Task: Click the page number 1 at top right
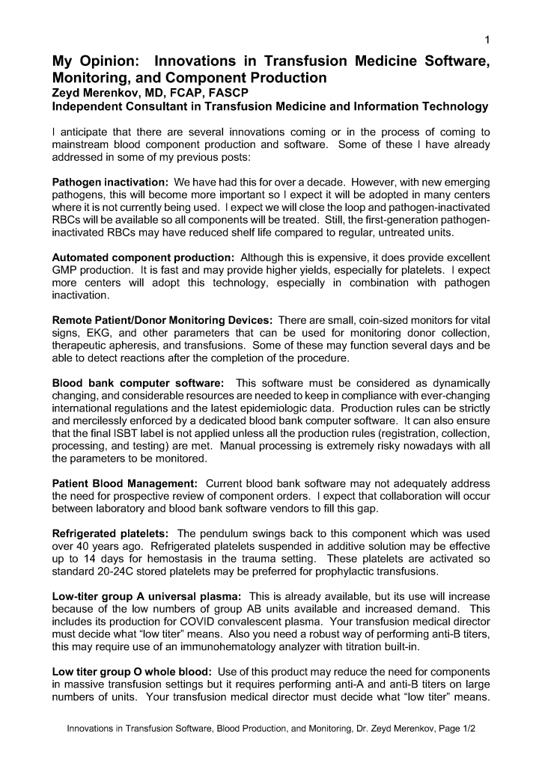coord(487,40)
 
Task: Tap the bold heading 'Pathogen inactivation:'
coord(111,182)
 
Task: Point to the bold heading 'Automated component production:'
coord(144,257)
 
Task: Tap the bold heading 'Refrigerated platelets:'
coord(110,533)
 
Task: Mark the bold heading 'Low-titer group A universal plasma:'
coord(147,596)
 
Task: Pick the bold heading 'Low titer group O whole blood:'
coord(132,672)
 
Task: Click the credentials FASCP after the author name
coord(225,92)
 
